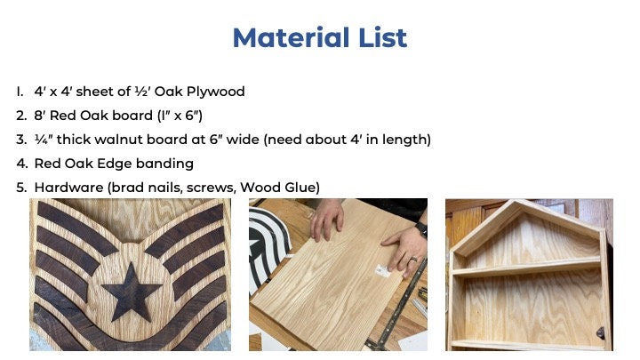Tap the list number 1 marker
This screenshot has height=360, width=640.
[x=20, y=92]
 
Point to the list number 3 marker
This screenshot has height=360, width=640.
[x=20, y=140]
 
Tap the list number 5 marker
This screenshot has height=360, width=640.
[x=20, y=188]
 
